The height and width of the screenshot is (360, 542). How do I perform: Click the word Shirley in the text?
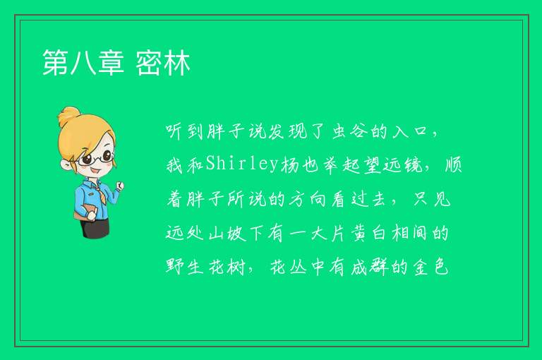pos(242,164)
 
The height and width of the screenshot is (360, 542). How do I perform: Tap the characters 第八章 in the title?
pos(83,63)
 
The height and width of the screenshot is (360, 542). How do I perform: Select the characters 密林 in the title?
pos(163,63)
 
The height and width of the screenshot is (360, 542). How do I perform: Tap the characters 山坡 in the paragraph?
pos(227,233)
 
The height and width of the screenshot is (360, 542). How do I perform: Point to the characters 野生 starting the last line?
pos(184,267)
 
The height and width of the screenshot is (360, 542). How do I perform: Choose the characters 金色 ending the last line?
pos(430,267)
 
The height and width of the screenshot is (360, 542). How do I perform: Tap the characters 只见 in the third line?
pos(432,199)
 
